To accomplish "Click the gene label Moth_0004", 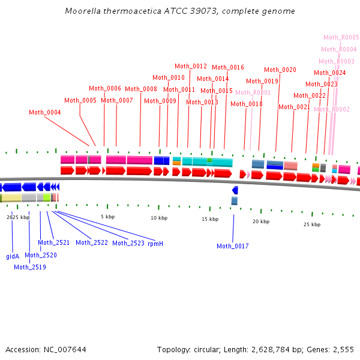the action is click(x=45, y=112).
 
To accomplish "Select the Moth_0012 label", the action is click(x=191, y=66).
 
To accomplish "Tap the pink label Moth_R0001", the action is click(x=253, y=92).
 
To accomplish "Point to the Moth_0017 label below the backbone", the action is click(x=233, y=246).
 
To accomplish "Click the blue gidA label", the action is click(x=13, y=256).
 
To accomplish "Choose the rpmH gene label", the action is click(x=155, y=244).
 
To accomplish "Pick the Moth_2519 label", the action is click(x=30, y=267).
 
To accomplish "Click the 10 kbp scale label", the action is click(x=159, y=218).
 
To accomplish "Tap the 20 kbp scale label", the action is click(x=261, y=221).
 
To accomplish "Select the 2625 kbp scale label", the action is click(x=18, y=217).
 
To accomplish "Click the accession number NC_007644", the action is click(x=65, y=350).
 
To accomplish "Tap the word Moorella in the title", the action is click(x=83, y=11).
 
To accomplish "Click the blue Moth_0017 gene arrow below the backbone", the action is click(x=235, y=190).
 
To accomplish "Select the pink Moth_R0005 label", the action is click(x=341, y=37).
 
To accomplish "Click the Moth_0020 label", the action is click(x=280, y=70).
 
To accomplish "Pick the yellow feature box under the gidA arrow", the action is click(x=11, y=198).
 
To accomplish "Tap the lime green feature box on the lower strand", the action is click(x=47, y=197).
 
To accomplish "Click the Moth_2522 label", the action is click(x=92, y=242).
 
